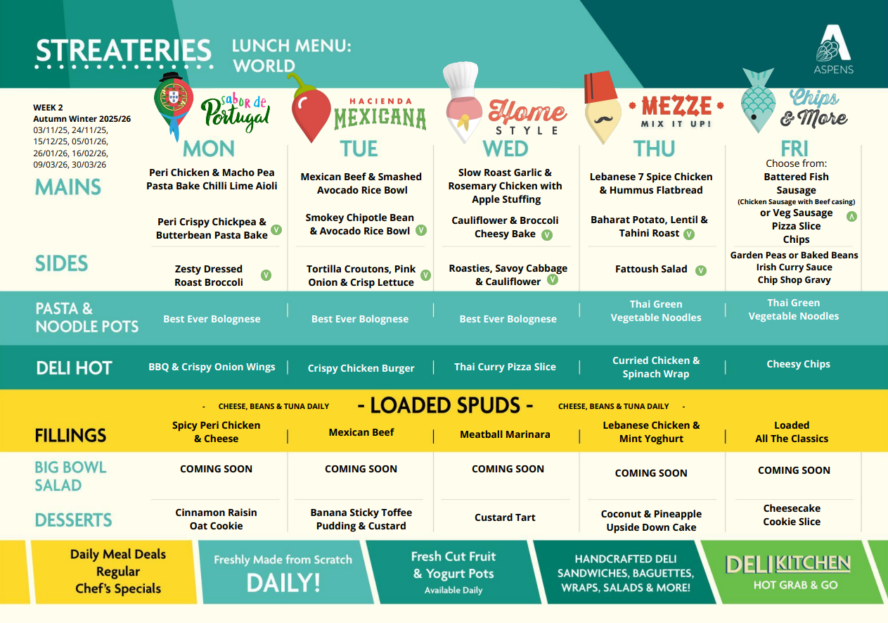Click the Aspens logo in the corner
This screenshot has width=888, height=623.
833,49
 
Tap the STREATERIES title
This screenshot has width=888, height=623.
124,51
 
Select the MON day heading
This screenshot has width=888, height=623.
209,149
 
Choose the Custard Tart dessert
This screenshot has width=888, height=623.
505,517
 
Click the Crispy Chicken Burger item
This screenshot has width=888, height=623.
361,368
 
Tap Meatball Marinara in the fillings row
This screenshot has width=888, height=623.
505,434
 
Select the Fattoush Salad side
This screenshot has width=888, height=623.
651,269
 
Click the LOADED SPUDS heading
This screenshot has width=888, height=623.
445,405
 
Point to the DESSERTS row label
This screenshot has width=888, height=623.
73,520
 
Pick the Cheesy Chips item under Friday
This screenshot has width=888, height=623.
798,364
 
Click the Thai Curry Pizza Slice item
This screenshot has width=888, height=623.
505,367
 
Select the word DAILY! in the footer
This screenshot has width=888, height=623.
283,583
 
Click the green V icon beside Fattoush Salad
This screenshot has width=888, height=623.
701,270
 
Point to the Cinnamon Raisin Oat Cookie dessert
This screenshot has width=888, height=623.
216,519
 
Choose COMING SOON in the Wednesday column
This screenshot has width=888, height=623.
508,469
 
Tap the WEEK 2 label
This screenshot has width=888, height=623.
48,108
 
